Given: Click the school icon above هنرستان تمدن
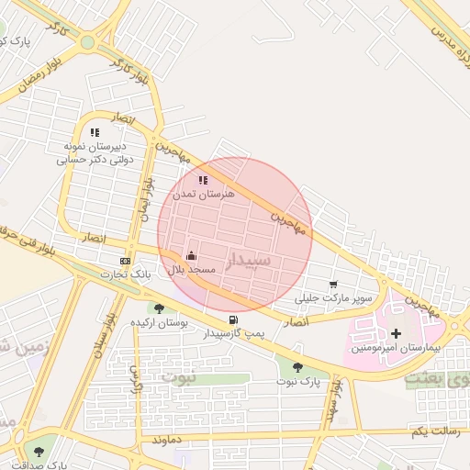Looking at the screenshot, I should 203,181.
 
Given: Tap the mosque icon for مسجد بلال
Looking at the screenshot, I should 191,255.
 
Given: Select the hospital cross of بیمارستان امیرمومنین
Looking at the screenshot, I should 397,333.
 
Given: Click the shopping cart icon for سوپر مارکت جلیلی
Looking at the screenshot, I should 332,284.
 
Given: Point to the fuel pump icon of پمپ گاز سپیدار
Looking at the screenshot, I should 233,320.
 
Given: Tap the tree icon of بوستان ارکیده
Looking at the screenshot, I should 159,309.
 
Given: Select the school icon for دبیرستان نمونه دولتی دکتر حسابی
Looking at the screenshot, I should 95,133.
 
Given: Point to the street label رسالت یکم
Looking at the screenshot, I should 430,431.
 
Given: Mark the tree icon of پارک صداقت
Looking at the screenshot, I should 38,452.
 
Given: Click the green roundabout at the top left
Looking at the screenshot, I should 88,42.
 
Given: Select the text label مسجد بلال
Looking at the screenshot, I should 191,271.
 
